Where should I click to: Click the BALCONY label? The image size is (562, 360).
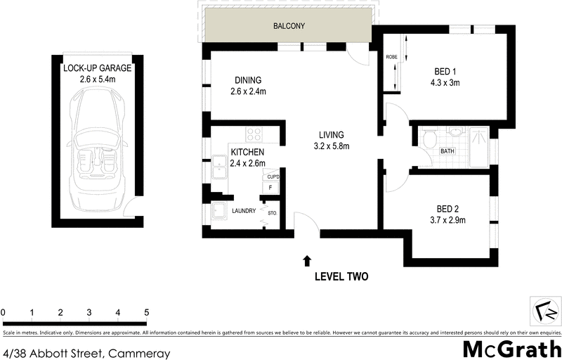(288, 27)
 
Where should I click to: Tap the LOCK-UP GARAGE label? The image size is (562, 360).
(97, 68)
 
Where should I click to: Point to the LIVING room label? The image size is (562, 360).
(331, 134)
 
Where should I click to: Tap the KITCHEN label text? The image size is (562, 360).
(247, 152)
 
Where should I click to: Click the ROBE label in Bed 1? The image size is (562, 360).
(391, 57)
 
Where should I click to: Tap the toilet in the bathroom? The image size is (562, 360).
(429, 139)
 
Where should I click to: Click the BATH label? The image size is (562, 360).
(446, 151)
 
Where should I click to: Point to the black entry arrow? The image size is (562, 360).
(306, 261)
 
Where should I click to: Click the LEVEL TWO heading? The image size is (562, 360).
(342, 276)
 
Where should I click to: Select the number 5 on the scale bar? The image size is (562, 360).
(146, 312)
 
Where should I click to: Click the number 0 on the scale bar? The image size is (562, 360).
(4, 312)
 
